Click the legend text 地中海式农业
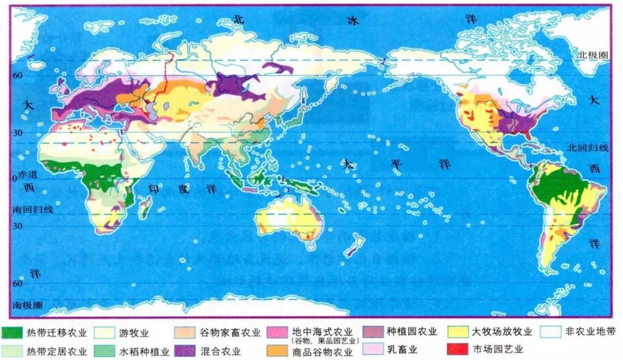tap(321, 332)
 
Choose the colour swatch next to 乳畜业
tap(372, 350)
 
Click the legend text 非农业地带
tap(583, 332)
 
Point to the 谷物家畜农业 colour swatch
tap(184, 333)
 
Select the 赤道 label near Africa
tap(27, 174)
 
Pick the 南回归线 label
tap(34, 209)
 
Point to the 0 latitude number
tap(14, 179)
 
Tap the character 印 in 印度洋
tap(154, 189)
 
